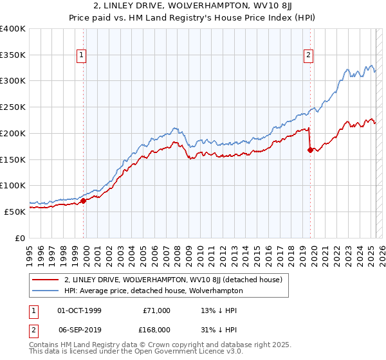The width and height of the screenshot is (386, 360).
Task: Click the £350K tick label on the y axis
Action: pos(13,55)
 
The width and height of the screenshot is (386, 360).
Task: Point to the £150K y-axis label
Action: pos(13,159)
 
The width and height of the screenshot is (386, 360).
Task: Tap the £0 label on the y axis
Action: pos(20,237)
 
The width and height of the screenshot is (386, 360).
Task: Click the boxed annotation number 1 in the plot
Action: pos(82,56)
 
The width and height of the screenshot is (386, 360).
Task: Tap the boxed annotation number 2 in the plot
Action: pos(309,56)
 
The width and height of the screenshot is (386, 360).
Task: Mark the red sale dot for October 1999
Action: pos(84,201)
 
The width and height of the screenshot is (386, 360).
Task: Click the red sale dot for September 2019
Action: pos(310,150)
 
